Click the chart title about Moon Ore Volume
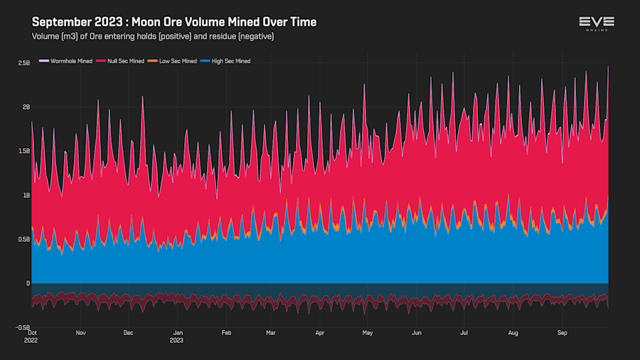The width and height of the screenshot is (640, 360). point(174,22)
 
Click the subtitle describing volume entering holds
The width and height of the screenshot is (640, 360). point(153,36)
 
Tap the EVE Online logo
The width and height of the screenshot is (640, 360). point(597,23)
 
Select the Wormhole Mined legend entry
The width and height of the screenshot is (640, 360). point(68,61)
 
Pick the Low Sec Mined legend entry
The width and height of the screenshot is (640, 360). point(176,61)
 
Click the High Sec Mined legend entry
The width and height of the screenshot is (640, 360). point(229,61)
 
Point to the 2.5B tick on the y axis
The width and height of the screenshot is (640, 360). point(23,63)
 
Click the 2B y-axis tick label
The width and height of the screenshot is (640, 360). point(26,107)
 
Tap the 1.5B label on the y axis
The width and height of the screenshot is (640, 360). point(23,151)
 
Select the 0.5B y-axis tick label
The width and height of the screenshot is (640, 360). point(23,239)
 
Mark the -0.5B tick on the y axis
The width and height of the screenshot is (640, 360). point(23,327)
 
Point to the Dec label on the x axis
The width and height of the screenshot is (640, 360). point(128,332)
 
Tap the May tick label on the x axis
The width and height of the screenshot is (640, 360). point(367,332)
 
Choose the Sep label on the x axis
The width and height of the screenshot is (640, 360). point(562,332)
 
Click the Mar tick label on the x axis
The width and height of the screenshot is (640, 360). point(270,332)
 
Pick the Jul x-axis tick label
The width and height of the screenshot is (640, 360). point(464,332)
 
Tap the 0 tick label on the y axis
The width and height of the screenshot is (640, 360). point(28,283)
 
